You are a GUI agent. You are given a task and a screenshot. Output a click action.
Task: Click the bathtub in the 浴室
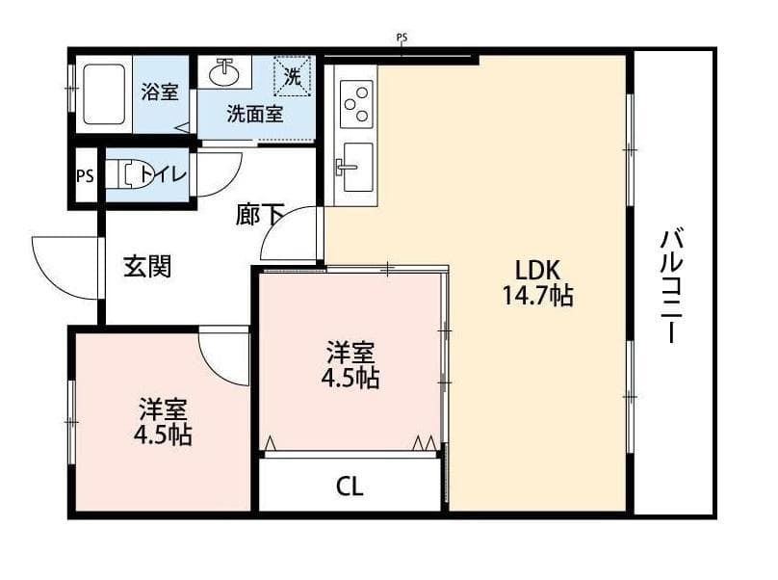[104, 94]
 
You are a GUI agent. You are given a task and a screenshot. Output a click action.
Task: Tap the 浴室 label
[159, 92]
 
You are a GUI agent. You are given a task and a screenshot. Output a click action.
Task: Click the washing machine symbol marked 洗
[292, 77]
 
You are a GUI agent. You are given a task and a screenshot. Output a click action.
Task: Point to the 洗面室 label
[254, 114]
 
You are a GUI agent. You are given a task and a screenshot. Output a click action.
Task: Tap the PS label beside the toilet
[85, 176]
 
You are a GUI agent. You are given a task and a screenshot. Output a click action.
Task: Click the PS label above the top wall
[402, 39]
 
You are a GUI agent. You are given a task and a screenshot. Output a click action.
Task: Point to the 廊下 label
[258, 215]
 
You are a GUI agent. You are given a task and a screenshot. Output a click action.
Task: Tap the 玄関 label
[147, 266]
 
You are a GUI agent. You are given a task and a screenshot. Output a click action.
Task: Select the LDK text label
[537, 270]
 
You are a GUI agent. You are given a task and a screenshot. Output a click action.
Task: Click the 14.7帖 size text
[537, 296]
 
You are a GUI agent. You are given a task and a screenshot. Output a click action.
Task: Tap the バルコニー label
[670, 286]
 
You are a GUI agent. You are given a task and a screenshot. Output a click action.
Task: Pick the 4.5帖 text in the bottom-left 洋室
[163, 435]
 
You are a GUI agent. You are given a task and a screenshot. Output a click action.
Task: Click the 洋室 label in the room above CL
[350, 351]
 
